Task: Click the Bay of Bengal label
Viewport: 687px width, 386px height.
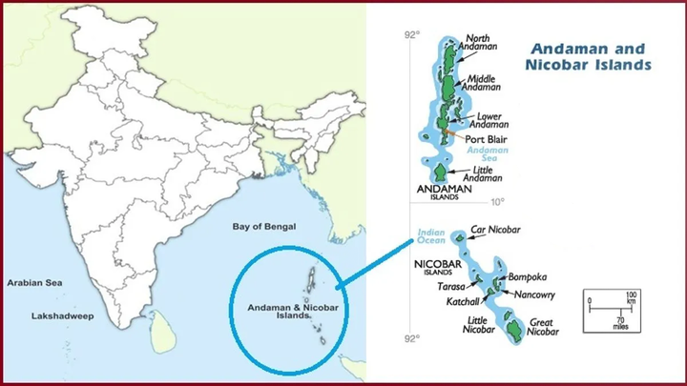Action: pos(264,227)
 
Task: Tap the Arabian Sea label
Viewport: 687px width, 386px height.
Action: pos(34,283)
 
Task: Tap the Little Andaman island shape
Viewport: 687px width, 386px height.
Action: pos(440,173)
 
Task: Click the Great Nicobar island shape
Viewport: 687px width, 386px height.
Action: pos(512,330)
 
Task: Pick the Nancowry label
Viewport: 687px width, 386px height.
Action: pos(534,295)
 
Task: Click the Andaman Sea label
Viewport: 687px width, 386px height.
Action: pos(493,154)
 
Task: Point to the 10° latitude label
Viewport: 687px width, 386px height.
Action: pos(496,202)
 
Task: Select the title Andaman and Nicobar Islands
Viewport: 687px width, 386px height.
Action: pos(588,56)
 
